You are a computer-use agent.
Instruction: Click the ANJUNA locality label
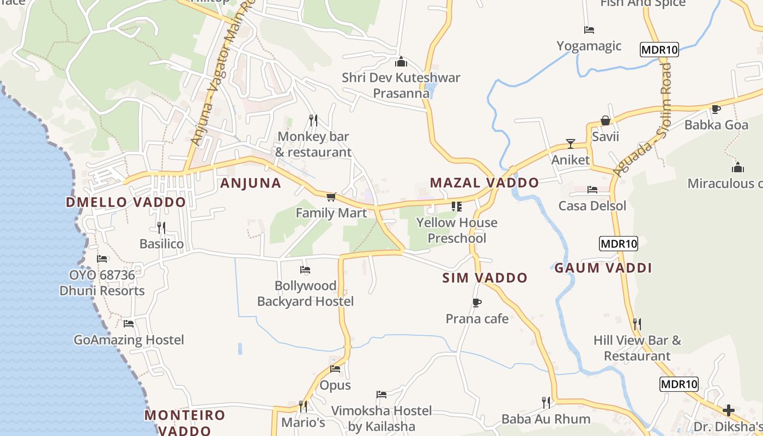(251, 183)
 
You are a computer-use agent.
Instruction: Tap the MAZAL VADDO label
(484, 183)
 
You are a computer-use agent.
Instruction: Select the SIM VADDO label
(485, 278)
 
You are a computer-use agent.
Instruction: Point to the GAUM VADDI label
(603, 268)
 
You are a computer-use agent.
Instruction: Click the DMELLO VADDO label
(126, 202)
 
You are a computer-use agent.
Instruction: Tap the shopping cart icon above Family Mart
(331, 197)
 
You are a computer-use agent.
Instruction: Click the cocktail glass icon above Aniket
(571, 144)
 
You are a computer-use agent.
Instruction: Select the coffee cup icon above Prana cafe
(477, 302)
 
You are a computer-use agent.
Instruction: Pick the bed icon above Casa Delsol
(592, 190)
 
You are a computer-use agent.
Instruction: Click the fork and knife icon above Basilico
(161, 227)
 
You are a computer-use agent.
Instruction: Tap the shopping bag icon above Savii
(605, 120)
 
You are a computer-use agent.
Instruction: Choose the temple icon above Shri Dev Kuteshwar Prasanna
(401, 62)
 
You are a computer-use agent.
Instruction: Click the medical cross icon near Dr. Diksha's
(729, 410)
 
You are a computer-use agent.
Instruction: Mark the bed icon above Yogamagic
(589, 30)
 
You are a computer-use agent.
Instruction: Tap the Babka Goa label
(716, 125)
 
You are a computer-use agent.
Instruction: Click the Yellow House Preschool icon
(456, 207)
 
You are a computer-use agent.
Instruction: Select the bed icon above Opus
(335, 369)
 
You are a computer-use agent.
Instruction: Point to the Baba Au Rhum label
(546, 419)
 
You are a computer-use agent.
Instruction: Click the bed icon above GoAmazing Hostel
(129, 323)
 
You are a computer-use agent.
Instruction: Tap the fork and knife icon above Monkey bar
(313, 120)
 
